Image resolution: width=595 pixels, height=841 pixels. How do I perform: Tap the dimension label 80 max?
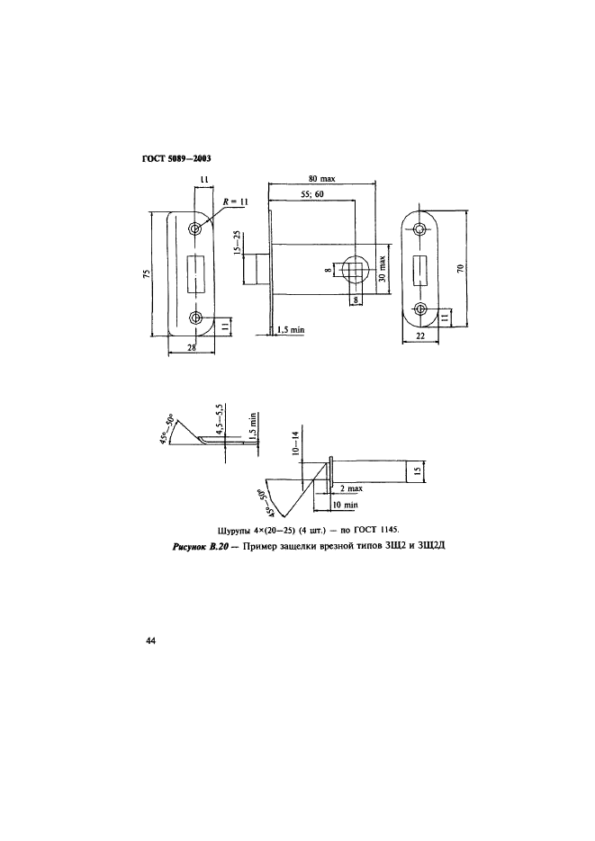click(322, 179)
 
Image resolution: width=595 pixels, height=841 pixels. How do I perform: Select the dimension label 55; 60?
click(312, 193)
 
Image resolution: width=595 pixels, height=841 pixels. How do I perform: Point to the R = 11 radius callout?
click(236, 201)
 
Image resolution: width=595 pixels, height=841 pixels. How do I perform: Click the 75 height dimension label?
click(146, 274)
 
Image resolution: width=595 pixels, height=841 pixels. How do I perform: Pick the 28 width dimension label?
click(191, 347)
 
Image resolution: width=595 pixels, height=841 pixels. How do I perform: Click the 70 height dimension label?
click(460, 268)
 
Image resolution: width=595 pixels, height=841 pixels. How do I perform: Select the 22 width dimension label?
click(420, 336)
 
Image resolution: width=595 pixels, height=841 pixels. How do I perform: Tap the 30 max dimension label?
click(382, 269)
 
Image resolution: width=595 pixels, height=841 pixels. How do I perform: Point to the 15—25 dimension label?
click(238, 244)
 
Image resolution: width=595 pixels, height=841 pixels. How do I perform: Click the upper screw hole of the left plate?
click(194, 229)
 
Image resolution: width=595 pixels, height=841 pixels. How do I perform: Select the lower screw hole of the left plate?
click(194, 318)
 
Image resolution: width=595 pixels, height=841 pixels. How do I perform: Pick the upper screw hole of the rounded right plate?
click(419, 228)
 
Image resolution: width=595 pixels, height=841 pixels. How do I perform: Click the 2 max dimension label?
click(351, 488)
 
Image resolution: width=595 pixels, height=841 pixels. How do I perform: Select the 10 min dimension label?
click(345, 505)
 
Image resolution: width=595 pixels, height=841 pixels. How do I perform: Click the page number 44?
click(150, 641)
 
